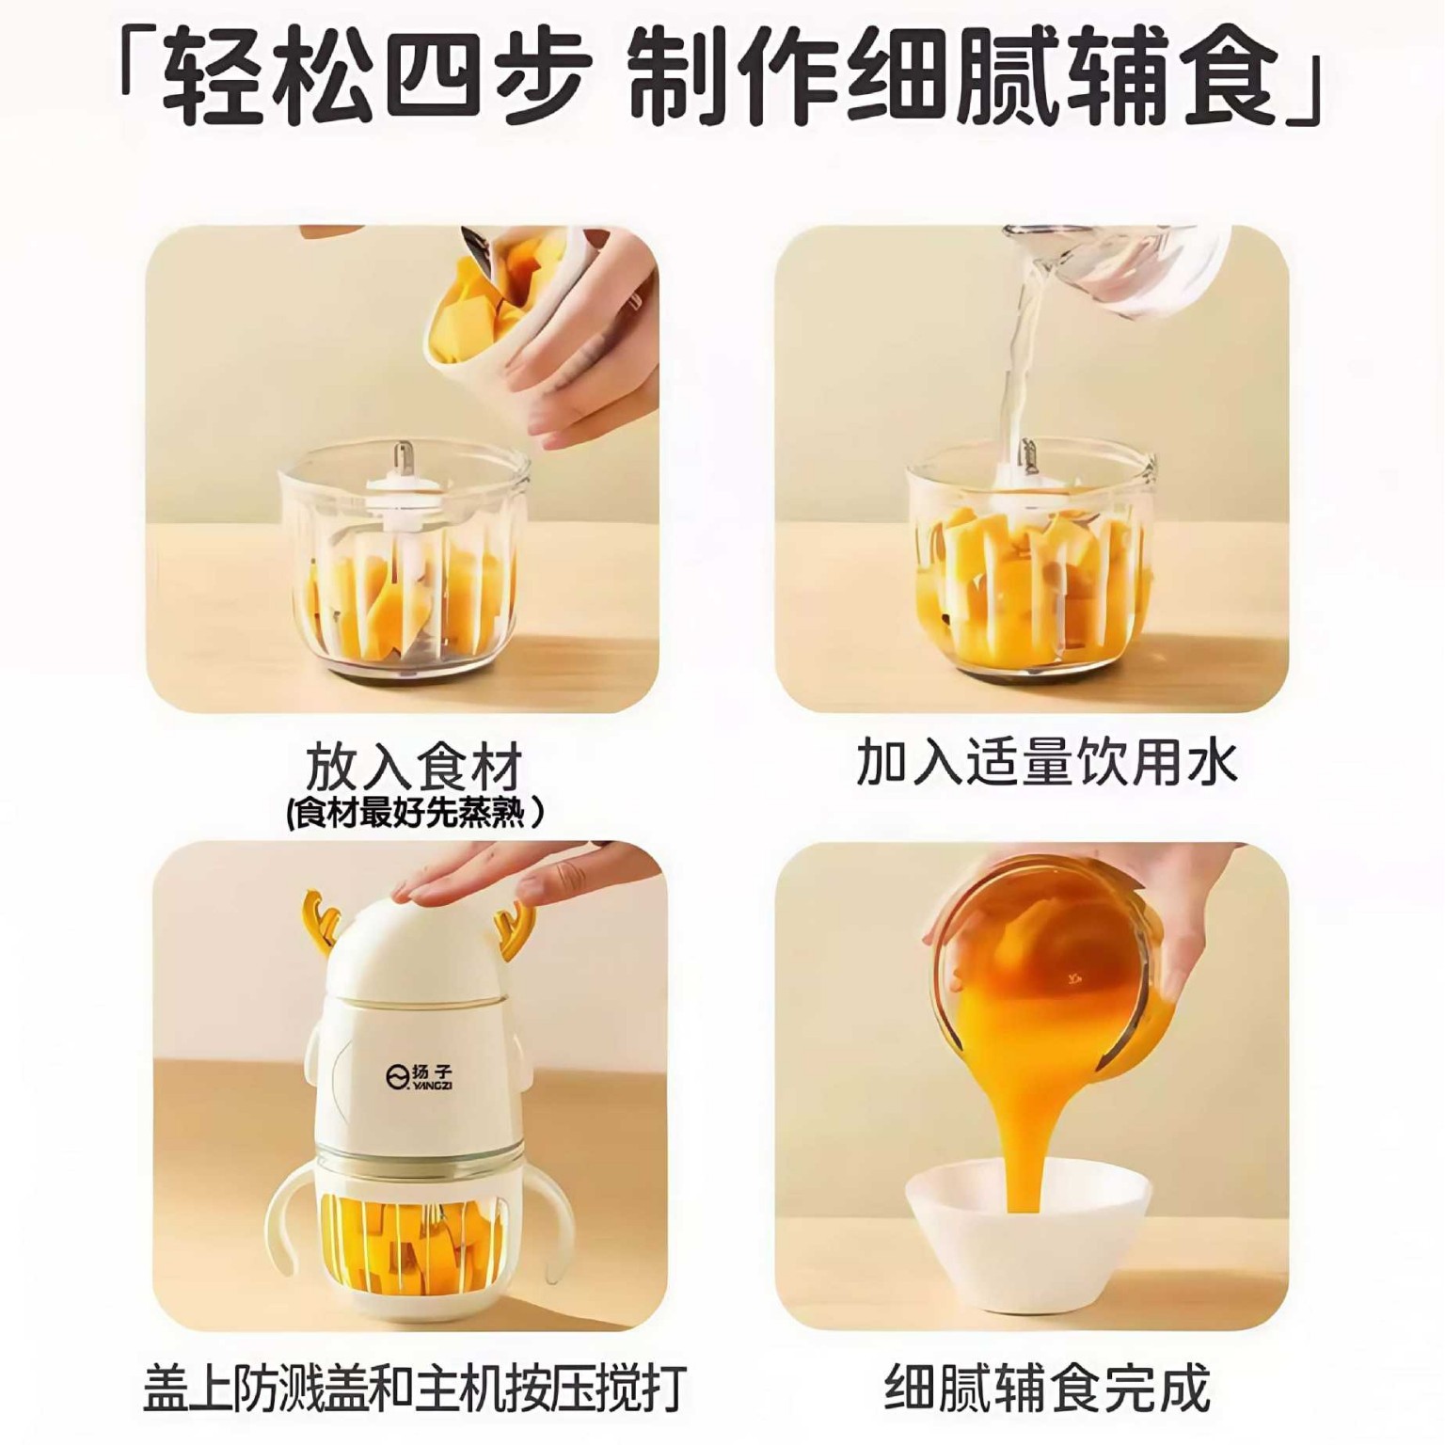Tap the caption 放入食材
point(414,768)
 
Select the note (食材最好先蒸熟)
point(414,811)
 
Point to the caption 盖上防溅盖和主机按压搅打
point(415,1388)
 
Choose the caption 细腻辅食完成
point(1046,1388)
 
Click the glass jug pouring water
point(1119,273)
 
